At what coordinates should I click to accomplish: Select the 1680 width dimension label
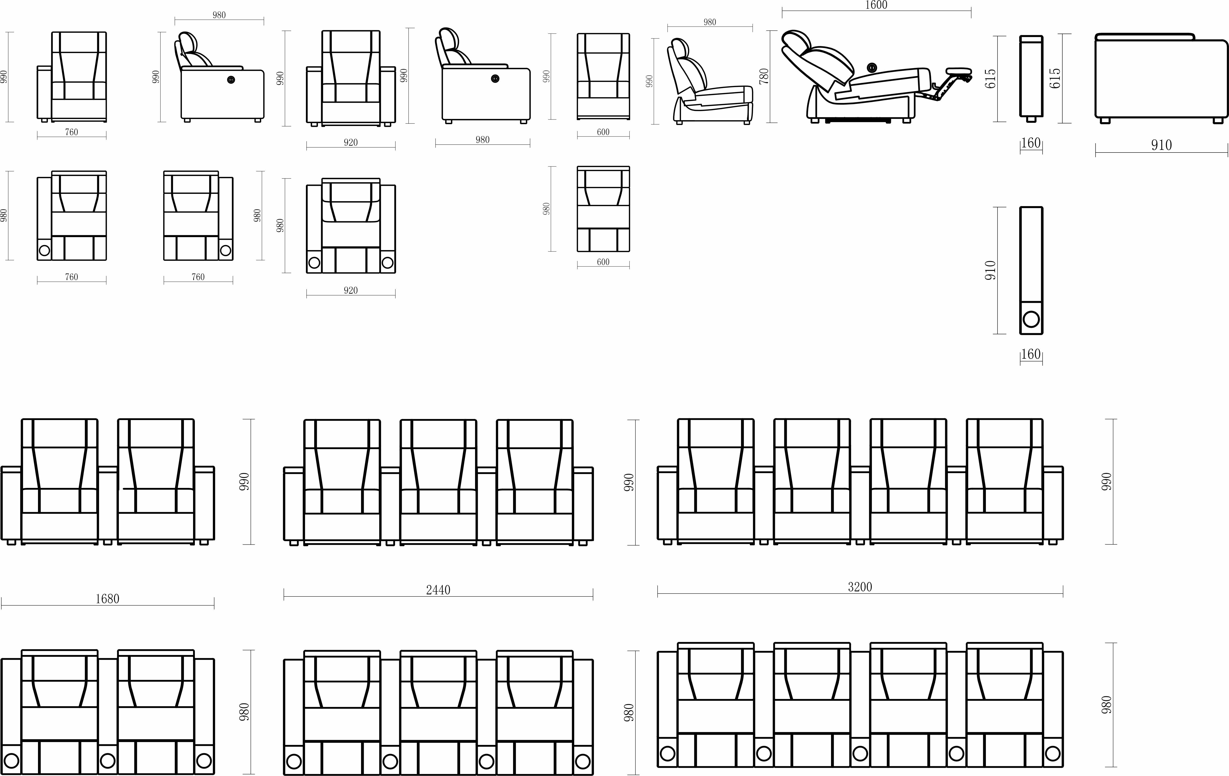click(107, 598)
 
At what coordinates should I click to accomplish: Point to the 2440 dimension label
click(438, 590)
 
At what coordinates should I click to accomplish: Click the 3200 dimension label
click(860, 587)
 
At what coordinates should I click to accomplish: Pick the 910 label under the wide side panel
click(1161, 145)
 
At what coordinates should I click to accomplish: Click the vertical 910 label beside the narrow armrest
click(990, 270)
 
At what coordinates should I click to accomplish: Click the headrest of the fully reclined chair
click(796, 41)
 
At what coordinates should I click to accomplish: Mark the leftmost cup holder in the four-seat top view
click(668, 753)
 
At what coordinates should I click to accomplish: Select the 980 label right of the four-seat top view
click(1106, 705)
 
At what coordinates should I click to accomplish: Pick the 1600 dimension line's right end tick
click(971, 13)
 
